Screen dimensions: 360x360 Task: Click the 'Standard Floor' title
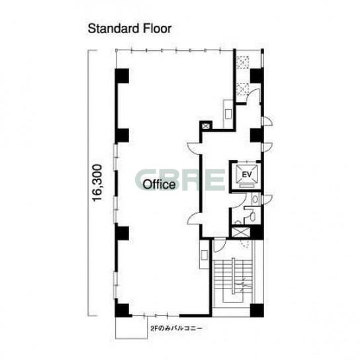pyautogui.click(x=130, y=29)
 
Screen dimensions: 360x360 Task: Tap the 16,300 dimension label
pyautogui.click(x=97, y=183)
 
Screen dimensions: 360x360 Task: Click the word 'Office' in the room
pyautogui.click(x=159, y=185)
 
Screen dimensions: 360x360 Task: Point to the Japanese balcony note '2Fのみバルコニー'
pyautogui.click(x=176, y=328)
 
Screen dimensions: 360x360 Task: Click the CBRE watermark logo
pyautogui.click(x=180, y=180)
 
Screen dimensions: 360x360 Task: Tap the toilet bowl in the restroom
pyautogui.click(x=253, y=216)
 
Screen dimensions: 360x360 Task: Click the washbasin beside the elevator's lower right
pyautogui.click(x=255, y=199)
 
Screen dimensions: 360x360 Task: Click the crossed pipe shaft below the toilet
pyautogui.click(x=240, y=232)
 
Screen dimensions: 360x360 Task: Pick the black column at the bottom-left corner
pyautogui.click(x=122, y=310)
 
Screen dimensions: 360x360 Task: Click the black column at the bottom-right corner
pyautogui.click(x=257, y=310)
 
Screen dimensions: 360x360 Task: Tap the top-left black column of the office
pyautogui.click(x=122, y=75)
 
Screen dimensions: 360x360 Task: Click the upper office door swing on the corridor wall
pyautogui.click(x=194, y=148)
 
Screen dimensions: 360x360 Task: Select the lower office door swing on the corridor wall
pyautogui.click(x=194, y=218)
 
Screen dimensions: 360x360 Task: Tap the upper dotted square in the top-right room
pyautogui.click(x=243, y=62)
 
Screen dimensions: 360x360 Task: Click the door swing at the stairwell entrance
pyautogui.click(x=220, y=246)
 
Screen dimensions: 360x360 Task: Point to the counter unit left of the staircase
pyautogui.click(x=204, y=254)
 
